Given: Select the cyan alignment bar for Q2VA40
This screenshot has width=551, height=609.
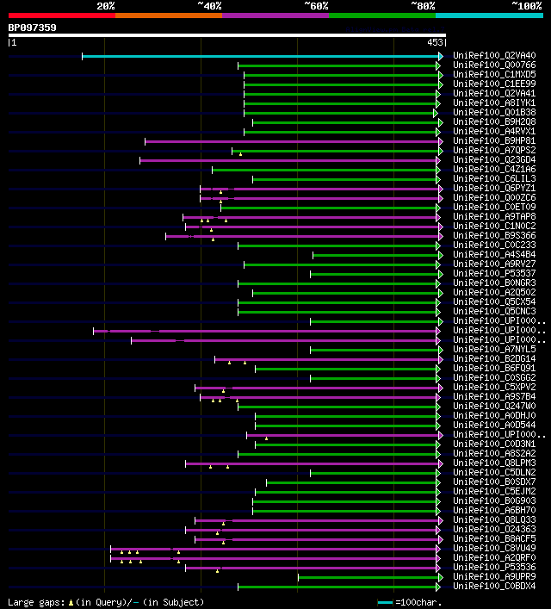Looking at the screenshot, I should (x=258, y=56).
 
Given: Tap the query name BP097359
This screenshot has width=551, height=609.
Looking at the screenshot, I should (x=33, y=28).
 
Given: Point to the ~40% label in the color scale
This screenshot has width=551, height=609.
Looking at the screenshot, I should (x=209, y=6).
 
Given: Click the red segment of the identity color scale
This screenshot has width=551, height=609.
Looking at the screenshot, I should (x=60, y=15).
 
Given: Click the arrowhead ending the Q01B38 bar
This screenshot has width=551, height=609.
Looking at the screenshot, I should (x=436, y=113).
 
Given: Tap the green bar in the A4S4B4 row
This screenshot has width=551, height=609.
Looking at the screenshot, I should (x=375, y=255).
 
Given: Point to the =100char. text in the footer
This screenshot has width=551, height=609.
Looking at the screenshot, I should (x=416, y=602).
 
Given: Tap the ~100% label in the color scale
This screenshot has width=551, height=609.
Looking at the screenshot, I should (x=527, y=6).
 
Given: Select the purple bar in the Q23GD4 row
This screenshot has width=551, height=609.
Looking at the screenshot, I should (x=288, y=160).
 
